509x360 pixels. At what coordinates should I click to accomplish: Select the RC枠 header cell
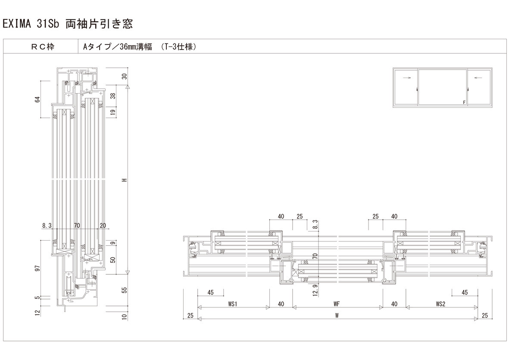point(41,47)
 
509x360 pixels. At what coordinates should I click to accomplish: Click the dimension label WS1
point(233,304)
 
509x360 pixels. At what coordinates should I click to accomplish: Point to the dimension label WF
point(337,304)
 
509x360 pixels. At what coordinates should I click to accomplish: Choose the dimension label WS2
point(440,304)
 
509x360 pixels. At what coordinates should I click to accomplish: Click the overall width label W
point(337,315)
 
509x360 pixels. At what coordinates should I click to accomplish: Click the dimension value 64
point(37,99)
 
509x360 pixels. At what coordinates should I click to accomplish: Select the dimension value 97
point(37,269)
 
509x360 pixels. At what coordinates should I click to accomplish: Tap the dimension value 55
point(124,290)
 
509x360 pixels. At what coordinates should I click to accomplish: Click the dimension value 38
point(124,96)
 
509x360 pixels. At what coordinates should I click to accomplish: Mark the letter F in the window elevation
point(464,103)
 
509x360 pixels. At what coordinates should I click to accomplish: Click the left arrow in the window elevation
point(406,78)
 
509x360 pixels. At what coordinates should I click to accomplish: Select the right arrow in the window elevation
point(477,78)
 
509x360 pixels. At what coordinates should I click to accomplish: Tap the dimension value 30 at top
point(124,77)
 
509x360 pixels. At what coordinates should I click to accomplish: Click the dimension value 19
point(124,112)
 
